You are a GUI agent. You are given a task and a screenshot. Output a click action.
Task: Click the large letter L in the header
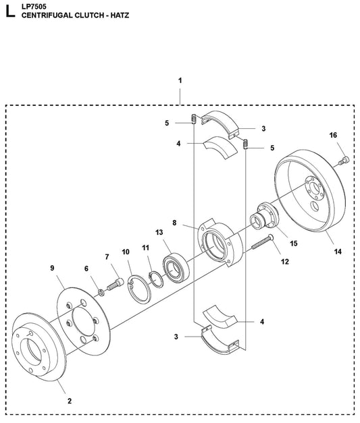[x=8, y=11]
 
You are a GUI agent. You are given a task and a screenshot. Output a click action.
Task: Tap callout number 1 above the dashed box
[x=180, y=81]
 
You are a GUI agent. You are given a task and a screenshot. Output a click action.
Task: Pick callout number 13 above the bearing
[x=160, y=232]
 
